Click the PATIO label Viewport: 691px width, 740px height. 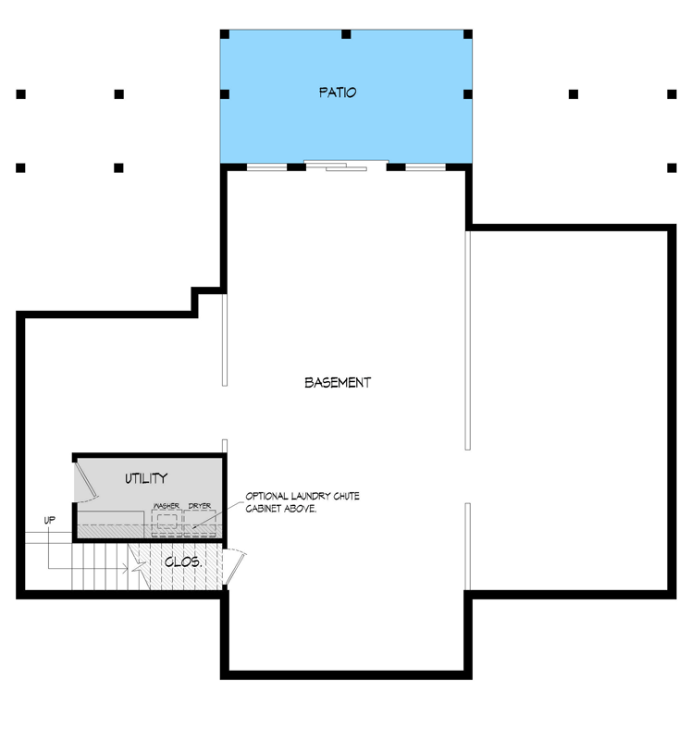point(338,92)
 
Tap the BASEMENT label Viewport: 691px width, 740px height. point(338,382)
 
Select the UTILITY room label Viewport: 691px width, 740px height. point(146,478)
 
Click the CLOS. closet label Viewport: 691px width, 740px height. point(183,562)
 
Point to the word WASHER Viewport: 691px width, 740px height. point(167,505)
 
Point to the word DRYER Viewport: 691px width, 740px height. point(200,505)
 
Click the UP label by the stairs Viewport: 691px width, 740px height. point(50,520)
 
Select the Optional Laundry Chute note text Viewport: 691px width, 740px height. point(302,502)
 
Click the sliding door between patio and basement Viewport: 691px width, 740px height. point(346,166)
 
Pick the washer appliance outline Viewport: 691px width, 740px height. point(167,523)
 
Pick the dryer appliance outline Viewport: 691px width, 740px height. point(200,523)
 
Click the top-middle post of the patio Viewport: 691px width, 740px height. point(346,34)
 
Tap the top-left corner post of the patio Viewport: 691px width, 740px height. point(225,34)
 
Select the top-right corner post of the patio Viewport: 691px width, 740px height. point(468,34)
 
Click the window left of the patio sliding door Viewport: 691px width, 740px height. point(266,167)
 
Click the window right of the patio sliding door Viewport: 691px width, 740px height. point(426,167)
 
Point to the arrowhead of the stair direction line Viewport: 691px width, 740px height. point(126,568)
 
